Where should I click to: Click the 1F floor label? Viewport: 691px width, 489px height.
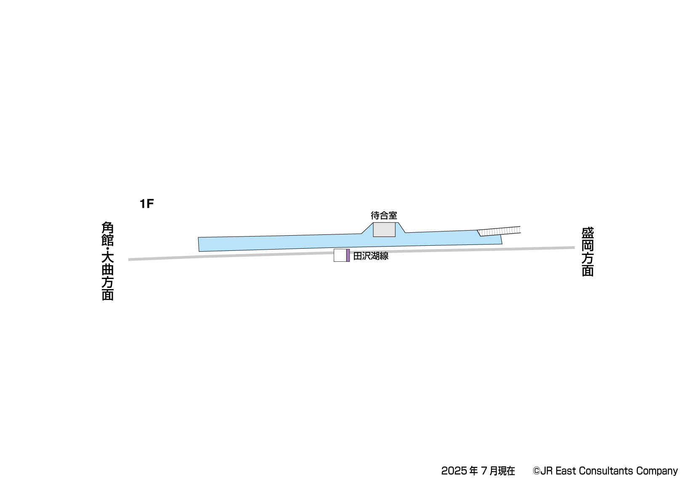click(x=147, y=204)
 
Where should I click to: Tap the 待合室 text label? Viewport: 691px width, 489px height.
click(x=384, y=216)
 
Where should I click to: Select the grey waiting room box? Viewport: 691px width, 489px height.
click(x=384, y=230)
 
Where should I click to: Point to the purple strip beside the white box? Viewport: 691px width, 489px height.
click(x=348, y=255)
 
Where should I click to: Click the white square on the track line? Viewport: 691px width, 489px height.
click(x=340, y=255)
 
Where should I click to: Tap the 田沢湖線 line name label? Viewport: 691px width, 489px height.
click(x=371, y=256)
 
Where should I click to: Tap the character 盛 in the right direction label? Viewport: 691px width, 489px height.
click(x=587, y=233)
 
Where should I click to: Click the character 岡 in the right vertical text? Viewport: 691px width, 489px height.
click(x=587, y=245)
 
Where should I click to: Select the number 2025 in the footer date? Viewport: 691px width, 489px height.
click(x=454, y=471)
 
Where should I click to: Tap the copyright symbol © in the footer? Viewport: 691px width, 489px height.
click(x=536, y=471)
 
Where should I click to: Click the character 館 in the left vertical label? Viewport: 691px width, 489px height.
click(x=108, y=241)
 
